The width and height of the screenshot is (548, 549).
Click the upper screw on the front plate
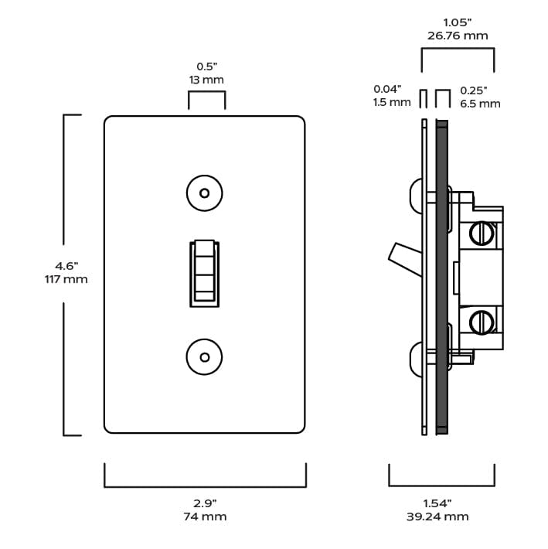click(205, 193)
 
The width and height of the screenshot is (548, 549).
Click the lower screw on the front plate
click(205, 357)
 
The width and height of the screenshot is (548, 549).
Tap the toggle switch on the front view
click(205, 273)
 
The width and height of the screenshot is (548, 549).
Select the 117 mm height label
click(66, 279)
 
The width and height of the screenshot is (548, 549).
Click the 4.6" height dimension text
click(66, 266)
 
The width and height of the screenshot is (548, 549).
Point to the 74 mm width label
click(205, 517)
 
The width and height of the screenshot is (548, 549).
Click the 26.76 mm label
click(458, 36)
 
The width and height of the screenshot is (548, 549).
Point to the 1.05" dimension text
click(458, 22)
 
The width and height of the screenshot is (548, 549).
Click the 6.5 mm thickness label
click(480, 103)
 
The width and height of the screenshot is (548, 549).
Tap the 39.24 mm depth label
click(437, 517)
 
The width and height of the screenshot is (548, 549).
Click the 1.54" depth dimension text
click(437, 503)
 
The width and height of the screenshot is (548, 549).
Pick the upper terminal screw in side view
click(482, 232)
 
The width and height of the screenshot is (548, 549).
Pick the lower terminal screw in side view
click(482, 320)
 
